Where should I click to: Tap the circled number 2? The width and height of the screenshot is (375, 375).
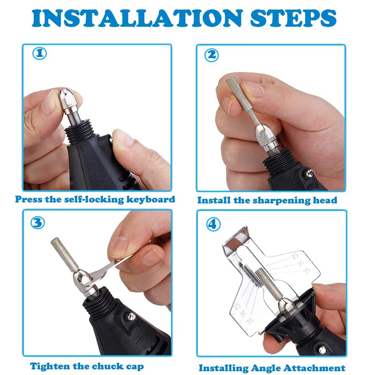[212, 55]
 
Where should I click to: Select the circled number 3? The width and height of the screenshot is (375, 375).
[38, 222]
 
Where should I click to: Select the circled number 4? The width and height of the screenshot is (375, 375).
[212, 224]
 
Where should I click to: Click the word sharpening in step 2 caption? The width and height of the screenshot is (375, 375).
[269, 200]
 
